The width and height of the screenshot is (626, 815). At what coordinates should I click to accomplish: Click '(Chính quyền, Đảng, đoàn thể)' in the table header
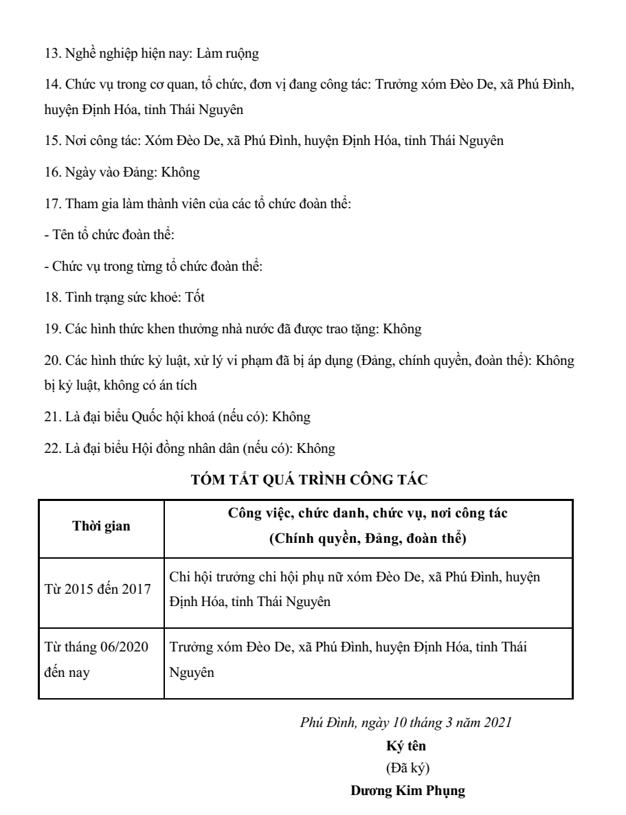pyautogui.click(x=368, y=539)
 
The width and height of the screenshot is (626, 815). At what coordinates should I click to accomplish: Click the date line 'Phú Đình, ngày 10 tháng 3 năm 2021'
pyautogui.click(x=405, y=722)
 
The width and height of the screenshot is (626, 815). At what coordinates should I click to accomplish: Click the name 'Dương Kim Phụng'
pyautogui.click(x=408, y=791)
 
